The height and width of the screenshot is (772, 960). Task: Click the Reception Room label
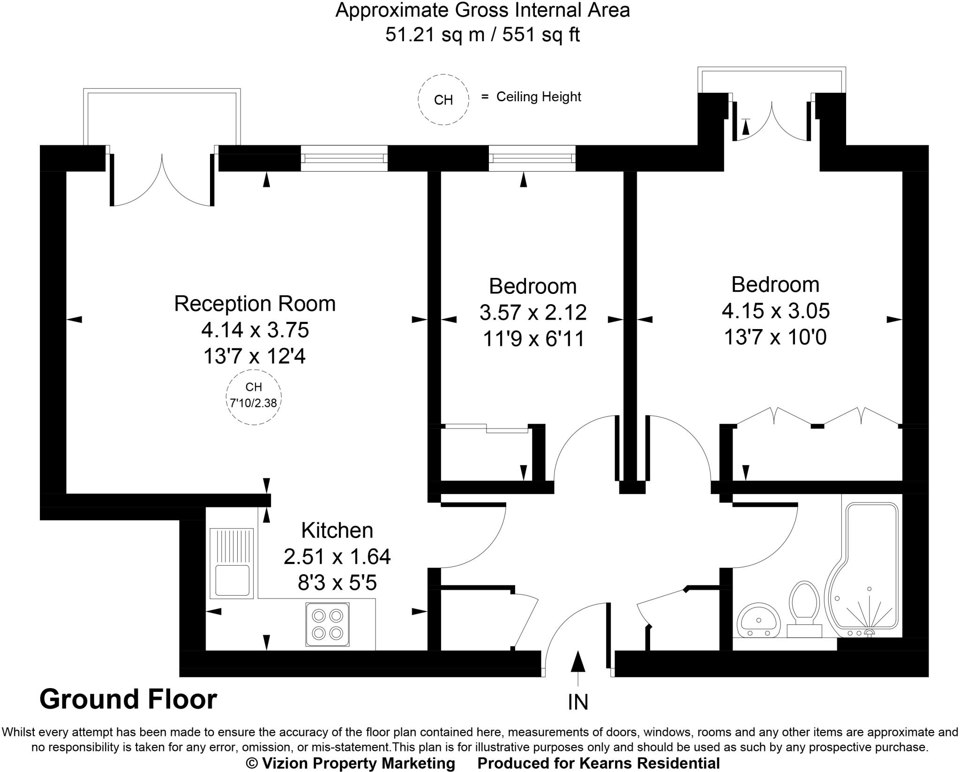(x=255, y=304)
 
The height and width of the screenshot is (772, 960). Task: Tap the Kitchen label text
(x=337, y=531)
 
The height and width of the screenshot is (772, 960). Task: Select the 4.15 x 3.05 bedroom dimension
(x=775, y=311)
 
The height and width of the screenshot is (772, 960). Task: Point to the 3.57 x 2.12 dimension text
(x=533, y=313)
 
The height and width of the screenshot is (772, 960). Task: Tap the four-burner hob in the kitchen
(x=327, y=624)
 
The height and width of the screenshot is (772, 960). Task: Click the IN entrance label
(x=577, y=702)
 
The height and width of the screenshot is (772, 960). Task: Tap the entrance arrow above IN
(x=578, y=664)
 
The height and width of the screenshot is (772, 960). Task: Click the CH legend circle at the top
(x=443, y=99)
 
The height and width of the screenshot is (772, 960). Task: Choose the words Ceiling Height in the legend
(x=539, y=97)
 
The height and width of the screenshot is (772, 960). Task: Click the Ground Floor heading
(x=128, y=699)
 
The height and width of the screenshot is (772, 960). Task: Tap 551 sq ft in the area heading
(x=541, y=35)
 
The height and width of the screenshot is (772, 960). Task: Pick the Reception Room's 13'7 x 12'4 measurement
(x=254, y=357)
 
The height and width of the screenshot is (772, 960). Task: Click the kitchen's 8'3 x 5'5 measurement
(x=337, y=583)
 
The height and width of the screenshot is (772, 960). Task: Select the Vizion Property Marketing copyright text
(x=351, y=763)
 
